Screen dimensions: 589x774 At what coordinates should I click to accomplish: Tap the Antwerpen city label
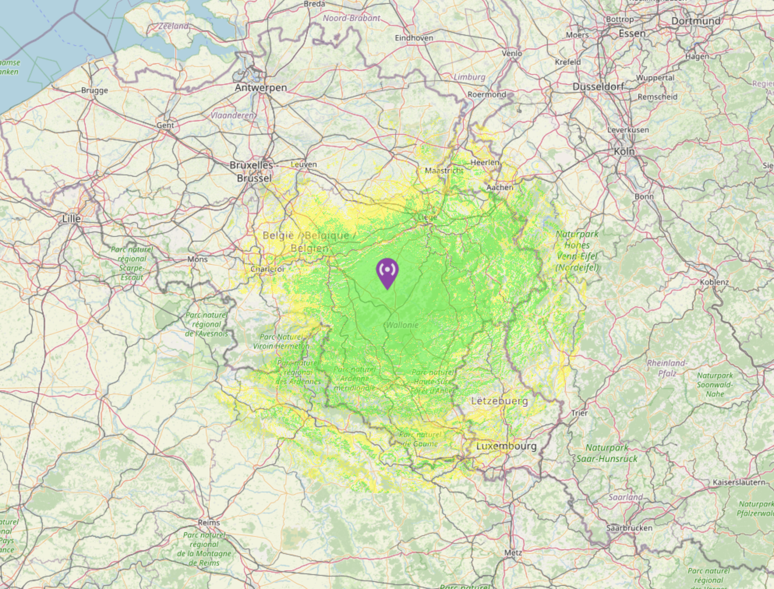click(261, 88)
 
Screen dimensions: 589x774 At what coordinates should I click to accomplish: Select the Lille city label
click(72, 219)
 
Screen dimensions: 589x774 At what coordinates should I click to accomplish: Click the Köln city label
click(624, 152)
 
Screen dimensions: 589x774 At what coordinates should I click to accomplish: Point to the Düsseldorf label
click(598, 87)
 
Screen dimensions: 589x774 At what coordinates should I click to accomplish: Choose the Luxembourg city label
click(506, 446)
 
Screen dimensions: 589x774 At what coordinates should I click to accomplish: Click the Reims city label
click(209, 523)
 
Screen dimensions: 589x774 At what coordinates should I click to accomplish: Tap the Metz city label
click(513, 552)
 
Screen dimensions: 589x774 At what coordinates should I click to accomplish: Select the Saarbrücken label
click(629, 528)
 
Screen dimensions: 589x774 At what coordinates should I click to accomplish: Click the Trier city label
click(579, 413)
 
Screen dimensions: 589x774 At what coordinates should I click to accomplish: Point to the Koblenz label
click(714, 282)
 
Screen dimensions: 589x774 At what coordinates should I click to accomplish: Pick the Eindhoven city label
click(414, 38)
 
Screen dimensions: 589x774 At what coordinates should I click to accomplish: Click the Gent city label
click(165, 125)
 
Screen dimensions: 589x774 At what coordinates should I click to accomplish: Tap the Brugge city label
click(94, 90)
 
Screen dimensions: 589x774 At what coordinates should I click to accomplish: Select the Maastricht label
click(444, 171)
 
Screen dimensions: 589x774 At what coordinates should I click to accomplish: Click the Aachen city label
click(500, 187)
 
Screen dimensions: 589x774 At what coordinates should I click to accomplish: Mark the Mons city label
click(198, 259)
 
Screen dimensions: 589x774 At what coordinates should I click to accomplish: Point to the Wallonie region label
click(402, 325)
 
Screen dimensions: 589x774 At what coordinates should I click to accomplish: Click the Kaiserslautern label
click(739, 482)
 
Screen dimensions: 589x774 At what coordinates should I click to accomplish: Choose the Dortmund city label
click(696, 21)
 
